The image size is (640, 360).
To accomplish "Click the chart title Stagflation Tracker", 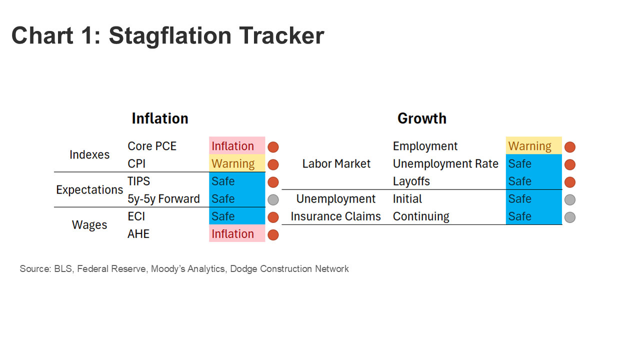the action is click(x=167, y=36).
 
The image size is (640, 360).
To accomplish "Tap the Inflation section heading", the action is click(x=160, y=118).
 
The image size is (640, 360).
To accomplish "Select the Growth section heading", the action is click(x=421, y=118).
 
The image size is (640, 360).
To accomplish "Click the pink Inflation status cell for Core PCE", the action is click(x=237, y=145).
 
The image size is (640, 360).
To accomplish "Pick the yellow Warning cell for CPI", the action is click(x=237, y=163).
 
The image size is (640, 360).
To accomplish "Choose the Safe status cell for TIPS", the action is click(x=237, y=181).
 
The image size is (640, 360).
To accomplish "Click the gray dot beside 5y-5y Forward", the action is click(x=273, y=199).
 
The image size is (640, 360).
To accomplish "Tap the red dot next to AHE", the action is click(x=273, y=235).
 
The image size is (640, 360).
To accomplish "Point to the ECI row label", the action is click(x=136, y=216).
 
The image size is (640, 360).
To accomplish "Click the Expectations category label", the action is click(x=89, y=190).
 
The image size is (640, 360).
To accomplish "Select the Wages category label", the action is click(x=89, y=225).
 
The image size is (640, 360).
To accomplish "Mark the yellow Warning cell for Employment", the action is click(x=533, y=145).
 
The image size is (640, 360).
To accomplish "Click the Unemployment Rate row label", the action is click(x=445, y=163).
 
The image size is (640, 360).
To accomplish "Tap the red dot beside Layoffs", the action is click(x=570, y=182).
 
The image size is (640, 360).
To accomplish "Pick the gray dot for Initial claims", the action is click(x=570, y=199).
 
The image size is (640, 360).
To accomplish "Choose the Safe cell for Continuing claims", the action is click(x=533, y=216).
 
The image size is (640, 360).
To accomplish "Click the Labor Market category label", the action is click(x=336, y=163).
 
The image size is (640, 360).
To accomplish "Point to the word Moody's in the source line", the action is click(x=168, y=269).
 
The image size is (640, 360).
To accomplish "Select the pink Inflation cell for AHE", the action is click(x=237, y=233).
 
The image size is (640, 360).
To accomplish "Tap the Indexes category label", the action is click(x=89, y=154).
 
